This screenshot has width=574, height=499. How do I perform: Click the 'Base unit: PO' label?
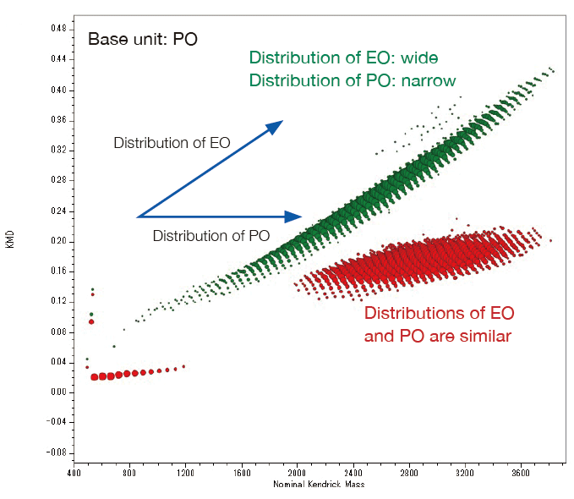coord(143,39)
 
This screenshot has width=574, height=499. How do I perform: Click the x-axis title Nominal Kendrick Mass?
coord(319,485)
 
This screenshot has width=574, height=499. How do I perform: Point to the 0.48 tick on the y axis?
coord(58,29)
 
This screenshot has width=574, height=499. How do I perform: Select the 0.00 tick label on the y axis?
coord(58,392)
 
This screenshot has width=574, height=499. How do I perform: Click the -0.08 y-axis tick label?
coord(57,452)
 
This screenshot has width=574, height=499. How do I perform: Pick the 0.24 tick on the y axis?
coord(58,211)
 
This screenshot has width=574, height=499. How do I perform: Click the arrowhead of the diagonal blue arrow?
coord(276,125)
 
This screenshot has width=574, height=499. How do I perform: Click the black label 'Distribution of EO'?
coord(172,143)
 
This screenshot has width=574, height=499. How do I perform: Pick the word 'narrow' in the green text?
coord(428,80)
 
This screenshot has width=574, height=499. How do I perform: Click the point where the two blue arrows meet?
coord(137,217)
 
